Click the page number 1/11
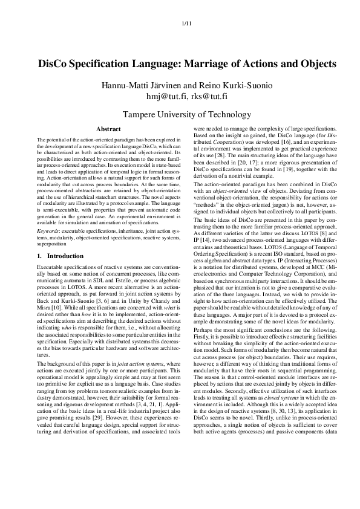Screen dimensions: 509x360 click(186, 24)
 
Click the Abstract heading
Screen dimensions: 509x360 click(108, 129)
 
